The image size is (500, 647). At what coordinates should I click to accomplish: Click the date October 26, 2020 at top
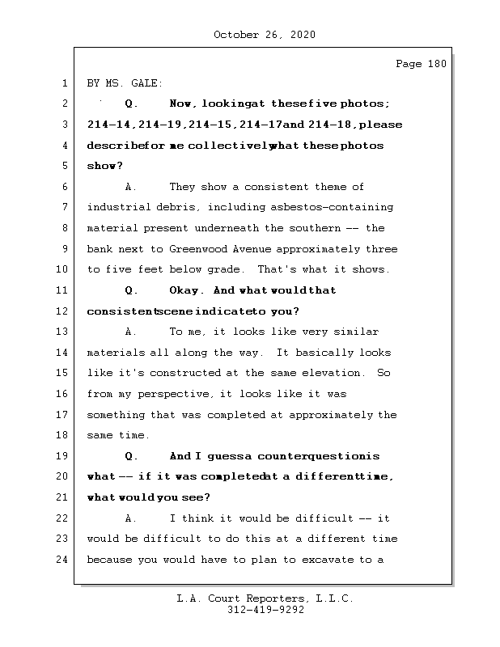coord(264,35)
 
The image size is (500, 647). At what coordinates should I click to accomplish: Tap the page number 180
coord(436,64)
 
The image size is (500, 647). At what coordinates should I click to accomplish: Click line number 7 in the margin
coord(63,208)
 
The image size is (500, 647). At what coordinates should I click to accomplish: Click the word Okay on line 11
coord(187,290)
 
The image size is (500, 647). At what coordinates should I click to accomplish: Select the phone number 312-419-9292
coord(265,611)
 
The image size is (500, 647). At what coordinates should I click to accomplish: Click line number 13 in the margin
coord(63,332)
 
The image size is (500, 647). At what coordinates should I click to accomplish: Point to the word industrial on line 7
coord(117,208)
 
